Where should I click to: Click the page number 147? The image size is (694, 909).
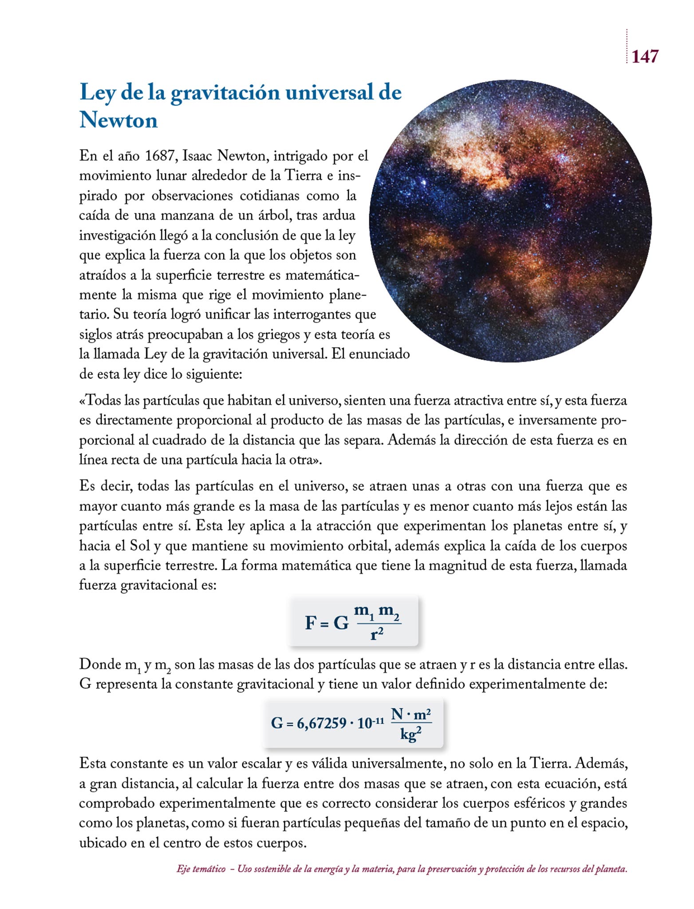[644, 56]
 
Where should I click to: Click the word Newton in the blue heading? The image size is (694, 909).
[118, 120]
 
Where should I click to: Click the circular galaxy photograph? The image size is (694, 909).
[510, 221]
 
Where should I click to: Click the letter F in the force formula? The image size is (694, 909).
[310, 623]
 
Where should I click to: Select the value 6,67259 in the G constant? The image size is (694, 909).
[322, 723]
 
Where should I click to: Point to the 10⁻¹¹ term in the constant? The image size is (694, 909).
[371, 722]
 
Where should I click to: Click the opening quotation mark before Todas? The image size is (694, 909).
[82, 401]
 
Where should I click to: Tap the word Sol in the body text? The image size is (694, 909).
[140, 545]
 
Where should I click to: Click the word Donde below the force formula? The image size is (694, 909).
[100, 664]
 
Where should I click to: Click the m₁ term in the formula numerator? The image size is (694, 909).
[364, 611]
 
